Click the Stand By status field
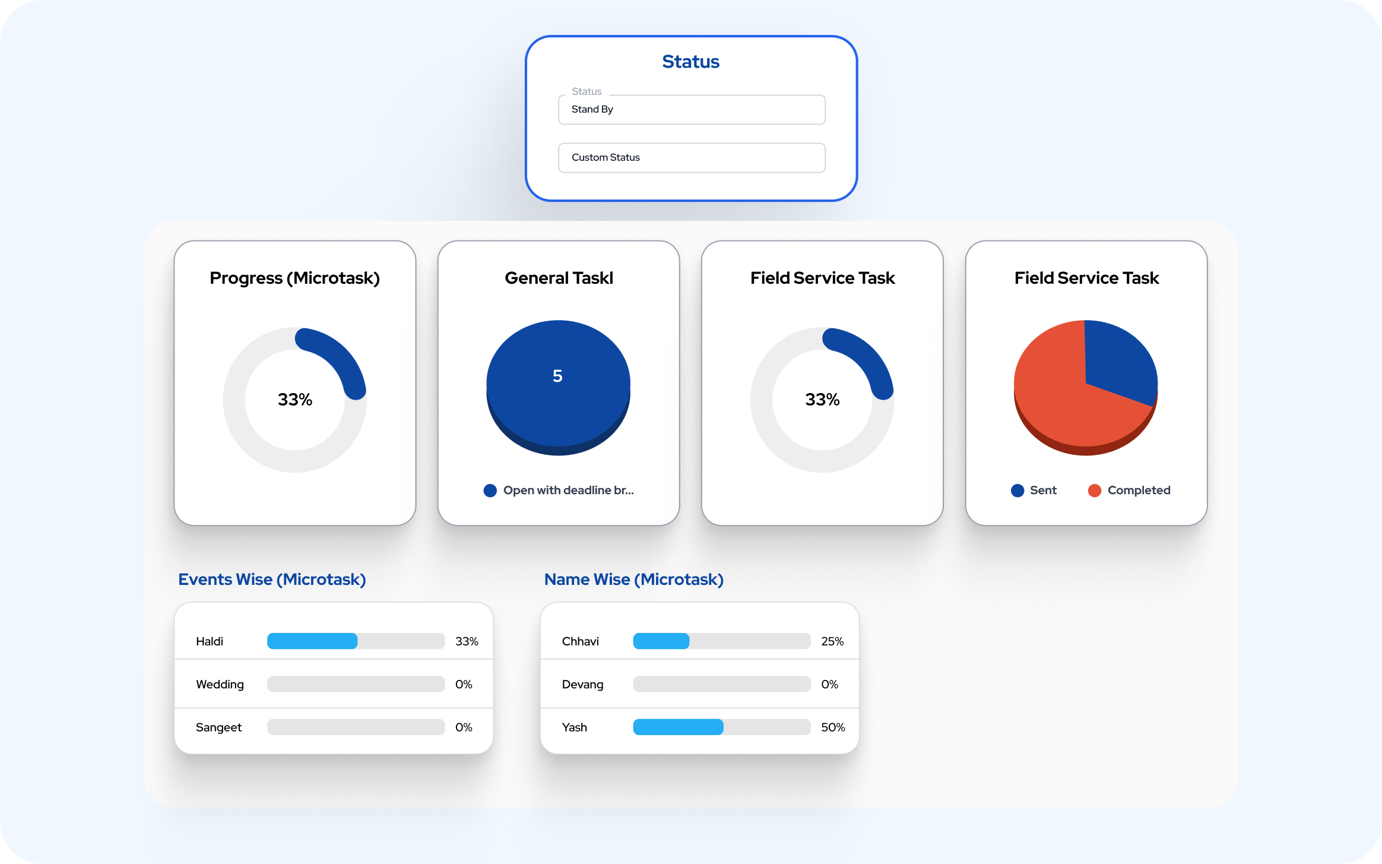tap(691, 110)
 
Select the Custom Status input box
tap(691, 158)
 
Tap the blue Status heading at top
tap(690, 62)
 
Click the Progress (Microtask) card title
tap(294, 278)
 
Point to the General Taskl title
tap(559, 278)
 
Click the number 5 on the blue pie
tap(557, 376)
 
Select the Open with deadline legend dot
tap(490, 490)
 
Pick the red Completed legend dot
tap(1094, 490)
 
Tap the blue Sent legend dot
tap(1018, 490)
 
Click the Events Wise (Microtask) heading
tap(272, 580)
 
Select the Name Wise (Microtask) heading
tap(633, 580)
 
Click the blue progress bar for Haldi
tap(312, 641)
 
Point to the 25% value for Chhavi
tap(832, 641)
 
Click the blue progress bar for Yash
tap(678, 727)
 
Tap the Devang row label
tap(582, 685)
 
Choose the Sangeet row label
tap(218, 727)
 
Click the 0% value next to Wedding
tap(464, 685)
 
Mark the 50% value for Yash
tap(832, 727)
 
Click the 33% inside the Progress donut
tap(294, 400)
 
